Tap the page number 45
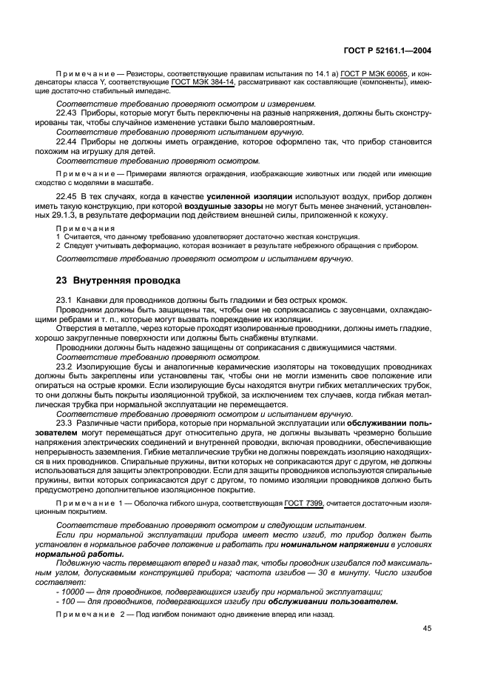click(x=426, y=628)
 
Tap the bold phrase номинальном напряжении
click(x=311, y=544)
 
